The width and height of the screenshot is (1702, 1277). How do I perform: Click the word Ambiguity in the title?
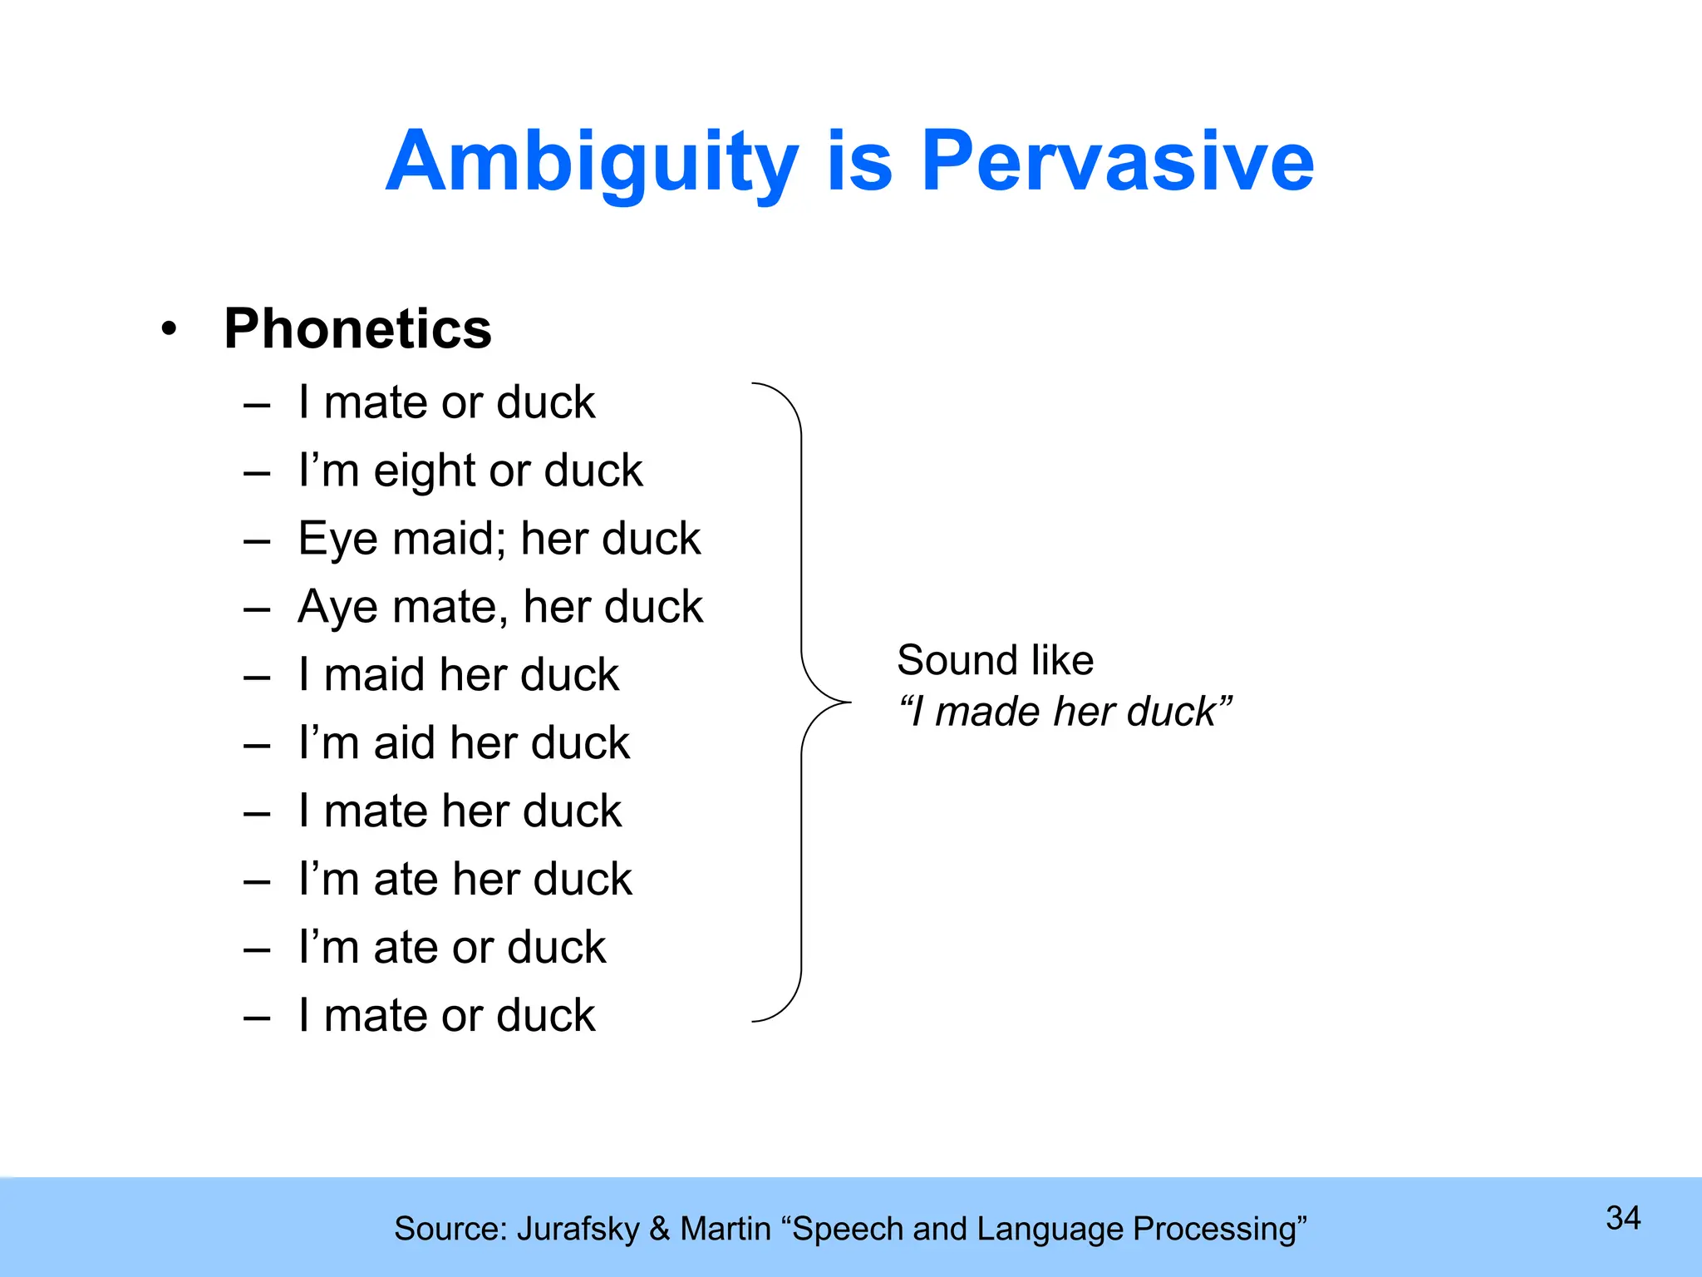coord(592,163)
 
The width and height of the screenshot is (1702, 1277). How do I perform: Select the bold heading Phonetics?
coord(357,329)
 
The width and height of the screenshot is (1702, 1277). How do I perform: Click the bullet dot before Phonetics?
coord(170,330)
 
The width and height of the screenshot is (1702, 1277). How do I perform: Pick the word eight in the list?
coord(425,472)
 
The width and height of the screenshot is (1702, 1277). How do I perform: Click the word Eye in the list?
coord(337,540)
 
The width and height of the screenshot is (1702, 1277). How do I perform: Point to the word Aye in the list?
coord(337,608)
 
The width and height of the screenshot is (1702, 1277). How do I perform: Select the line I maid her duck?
coord(459,675)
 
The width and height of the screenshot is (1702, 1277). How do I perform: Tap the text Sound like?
coord(995,660)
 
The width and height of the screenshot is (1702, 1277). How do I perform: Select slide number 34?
coord(1623,1218)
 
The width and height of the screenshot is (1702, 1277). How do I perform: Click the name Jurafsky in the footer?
coord(578,1229)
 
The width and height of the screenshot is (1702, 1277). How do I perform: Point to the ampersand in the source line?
coord(659,1229)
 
